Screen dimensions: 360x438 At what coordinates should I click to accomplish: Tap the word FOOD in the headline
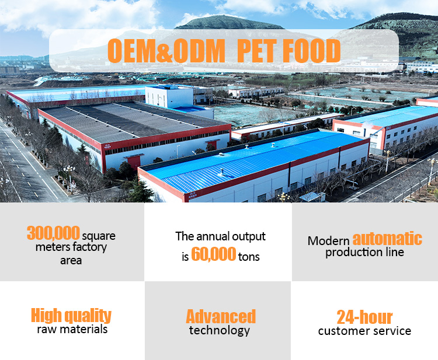(x=312, y=51)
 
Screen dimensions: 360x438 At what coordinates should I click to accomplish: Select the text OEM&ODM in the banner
(x=166, y=51)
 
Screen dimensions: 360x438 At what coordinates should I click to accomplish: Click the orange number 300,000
(x=53, y=233)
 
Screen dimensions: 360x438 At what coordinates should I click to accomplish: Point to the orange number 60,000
(x=213, y=254)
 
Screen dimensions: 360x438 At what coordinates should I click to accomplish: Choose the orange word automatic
(x=387, y=239)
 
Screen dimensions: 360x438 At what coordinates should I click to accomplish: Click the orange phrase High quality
(x=71, y=316)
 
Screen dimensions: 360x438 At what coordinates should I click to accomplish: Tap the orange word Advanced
(x=221, y=316)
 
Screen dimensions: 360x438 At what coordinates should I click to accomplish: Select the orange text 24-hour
(x=364, y=317)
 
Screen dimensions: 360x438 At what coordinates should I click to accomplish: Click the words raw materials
(x=71, y=329)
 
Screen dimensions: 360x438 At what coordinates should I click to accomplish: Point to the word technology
(x=219, y=330)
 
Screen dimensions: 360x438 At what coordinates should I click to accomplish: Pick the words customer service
(x=364, y=331)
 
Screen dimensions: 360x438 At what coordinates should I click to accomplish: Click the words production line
(x=364, y=252)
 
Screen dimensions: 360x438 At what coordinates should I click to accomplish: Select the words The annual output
(x=220, y=236)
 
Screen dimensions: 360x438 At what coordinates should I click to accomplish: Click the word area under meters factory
(x=71, y=260)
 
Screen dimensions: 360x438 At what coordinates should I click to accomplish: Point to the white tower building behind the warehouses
(x=169, y=97)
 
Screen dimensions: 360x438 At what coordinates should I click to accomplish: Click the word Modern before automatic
(x=329, y=240)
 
